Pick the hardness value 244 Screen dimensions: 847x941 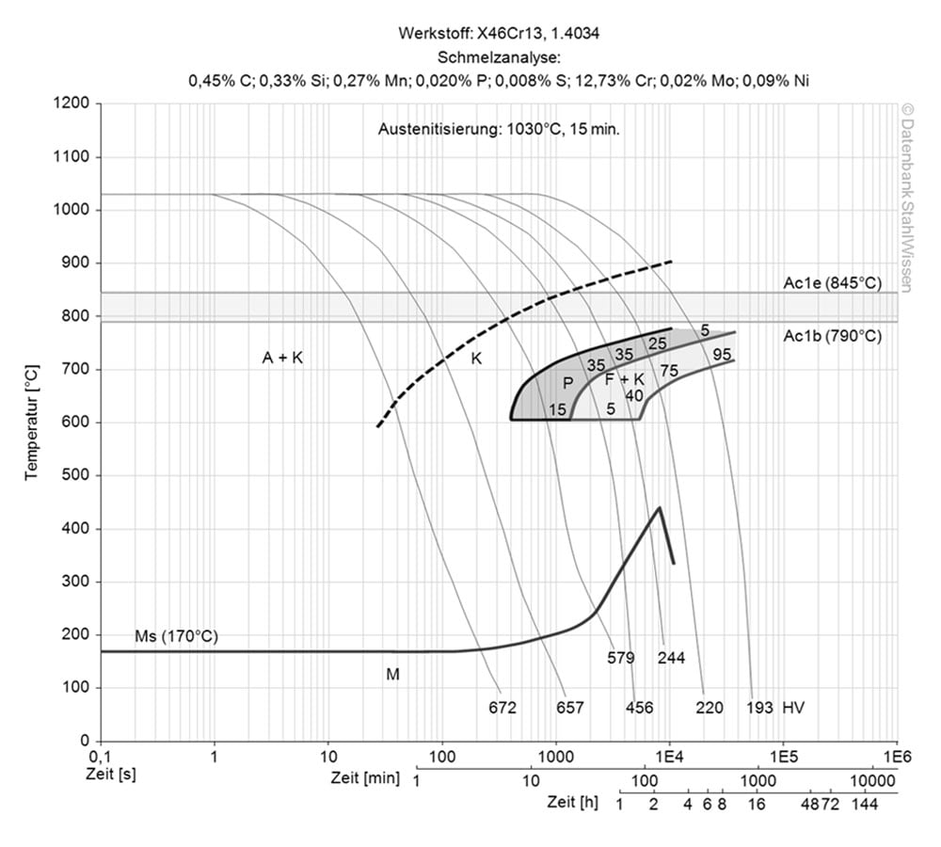(x=672, y=657)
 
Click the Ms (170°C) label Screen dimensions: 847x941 (x=176, y=637)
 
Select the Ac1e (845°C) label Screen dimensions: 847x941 (x=833, y=281)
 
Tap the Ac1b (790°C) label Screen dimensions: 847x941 (x=833, y=335)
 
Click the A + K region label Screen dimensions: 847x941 (x=282, y=358)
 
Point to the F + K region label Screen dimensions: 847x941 (x=624, y=378)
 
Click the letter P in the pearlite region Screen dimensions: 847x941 (x=567, y=383)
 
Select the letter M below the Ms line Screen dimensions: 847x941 (x=392, y=674)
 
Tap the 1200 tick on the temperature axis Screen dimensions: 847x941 (x=74, y=104)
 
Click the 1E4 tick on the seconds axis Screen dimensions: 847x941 (x=669, y=756)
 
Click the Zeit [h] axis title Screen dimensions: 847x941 (x=572, y=803)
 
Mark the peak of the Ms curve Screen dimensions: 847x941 (x=659, y=508)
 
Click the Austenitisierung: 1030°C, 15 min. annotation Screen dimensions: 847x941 (x=499, y=129)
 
